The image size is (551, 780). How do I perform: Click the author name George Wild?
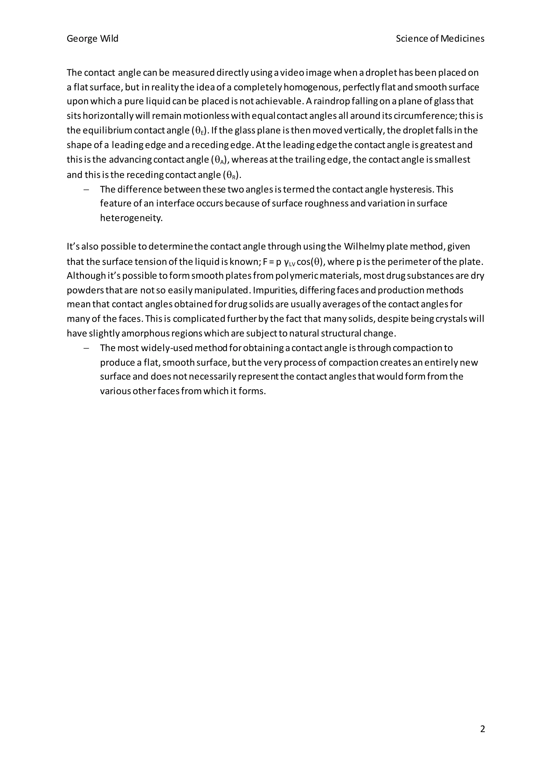pos(92,39)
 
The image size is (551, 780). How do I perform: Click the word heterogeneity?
pos(131,218)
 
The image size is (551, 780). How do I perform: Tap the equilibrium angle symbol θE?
pos(199,131)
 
